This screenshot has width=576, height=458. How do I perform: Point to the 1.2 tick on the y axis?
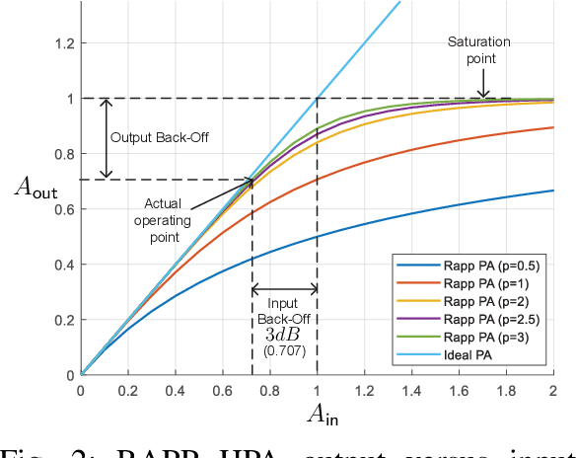pyautogui.click(x=63, y=43)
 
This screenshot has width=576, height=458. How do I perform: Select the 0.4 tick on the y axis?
pyautogui.click(x=63, y=265)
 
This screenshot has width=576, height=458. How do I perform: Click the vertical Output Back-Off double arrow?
pyautogui.click(x=108, y=138)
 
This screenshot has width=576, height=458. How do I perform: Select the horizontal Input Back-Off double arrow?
pyautogui.click(x=285, y=290)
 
